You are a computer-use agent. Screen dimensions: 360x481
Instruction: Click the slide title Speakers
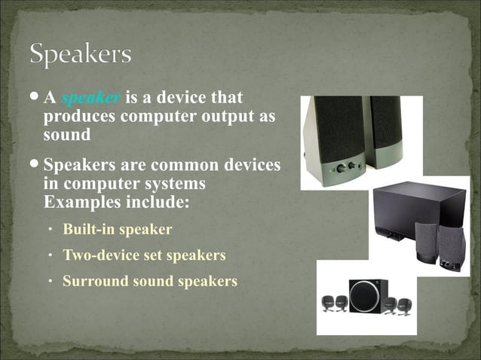pyautogui.click(x=81, y=54)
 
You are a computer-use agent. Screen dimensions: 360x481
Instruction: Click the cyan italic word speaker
pyautogui.click(x=90, y=98)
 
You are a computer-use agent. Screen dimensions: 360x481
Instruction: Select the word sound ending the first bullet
pyautogui.click(x=67, y=136)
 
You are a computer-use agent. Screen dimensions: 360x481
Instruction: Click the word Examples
pyautogui.click(x=78, y=203)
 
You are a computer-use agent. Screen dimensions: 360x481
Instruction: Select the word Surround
pyautogui.click(x=93, y=282)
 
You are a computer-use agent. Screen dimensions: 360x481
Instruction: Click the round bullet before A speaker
pyautogui.click(x=36, y=98)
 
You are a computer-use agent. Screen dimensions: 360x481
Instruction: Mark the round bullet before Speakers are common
pyautogui.click(x=36, y=165)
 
